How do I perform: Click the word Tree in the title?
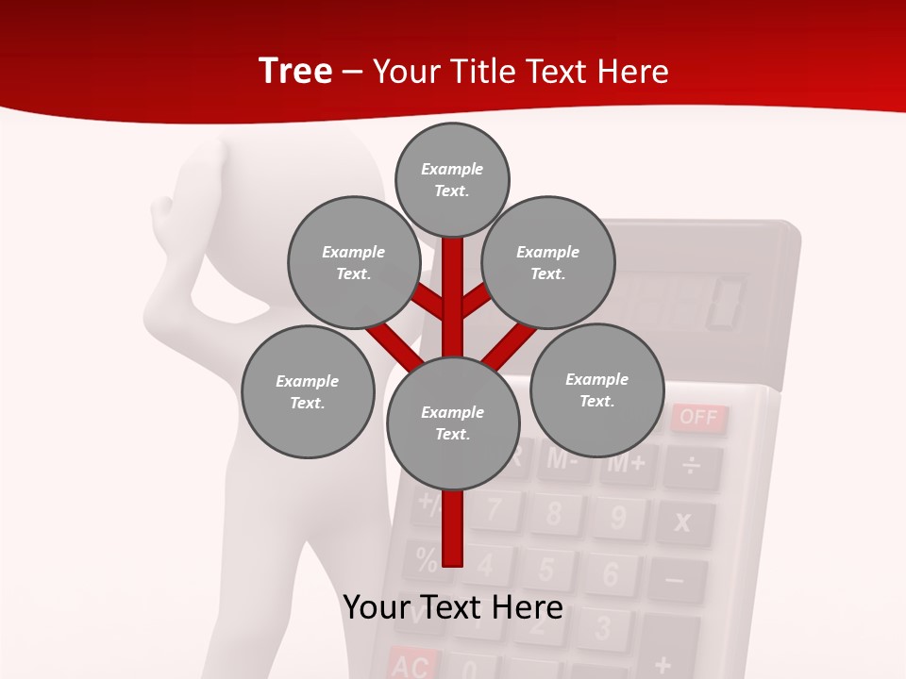[295, 72]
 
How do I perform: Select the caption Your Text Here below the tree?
[453, 606]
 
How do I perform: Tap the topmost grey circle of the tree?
[452, 179]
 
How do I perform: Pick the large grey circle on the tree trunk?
[453, 423]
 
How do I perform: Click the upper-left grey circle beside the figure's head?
[354, 262]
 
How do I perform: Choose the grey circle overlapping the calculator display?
[548, 262]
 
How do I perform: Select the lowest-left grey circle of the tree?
[308, 391]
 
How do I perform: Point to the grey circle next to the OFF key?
[596, 390]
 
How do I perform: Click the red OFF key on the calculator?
[698, 418]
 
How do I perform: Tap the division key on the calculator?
[692, 467]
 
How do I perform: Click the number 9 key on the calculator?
[618, 518]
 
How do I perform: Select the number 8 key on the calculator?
[553, 513]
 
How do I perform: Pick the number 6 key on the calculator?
[609, 573]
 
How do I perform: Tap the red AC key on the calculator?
[410, 665]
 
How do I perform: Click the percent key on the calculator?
[426, 558]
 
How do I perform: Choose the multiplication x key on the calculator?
[683, 522]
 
